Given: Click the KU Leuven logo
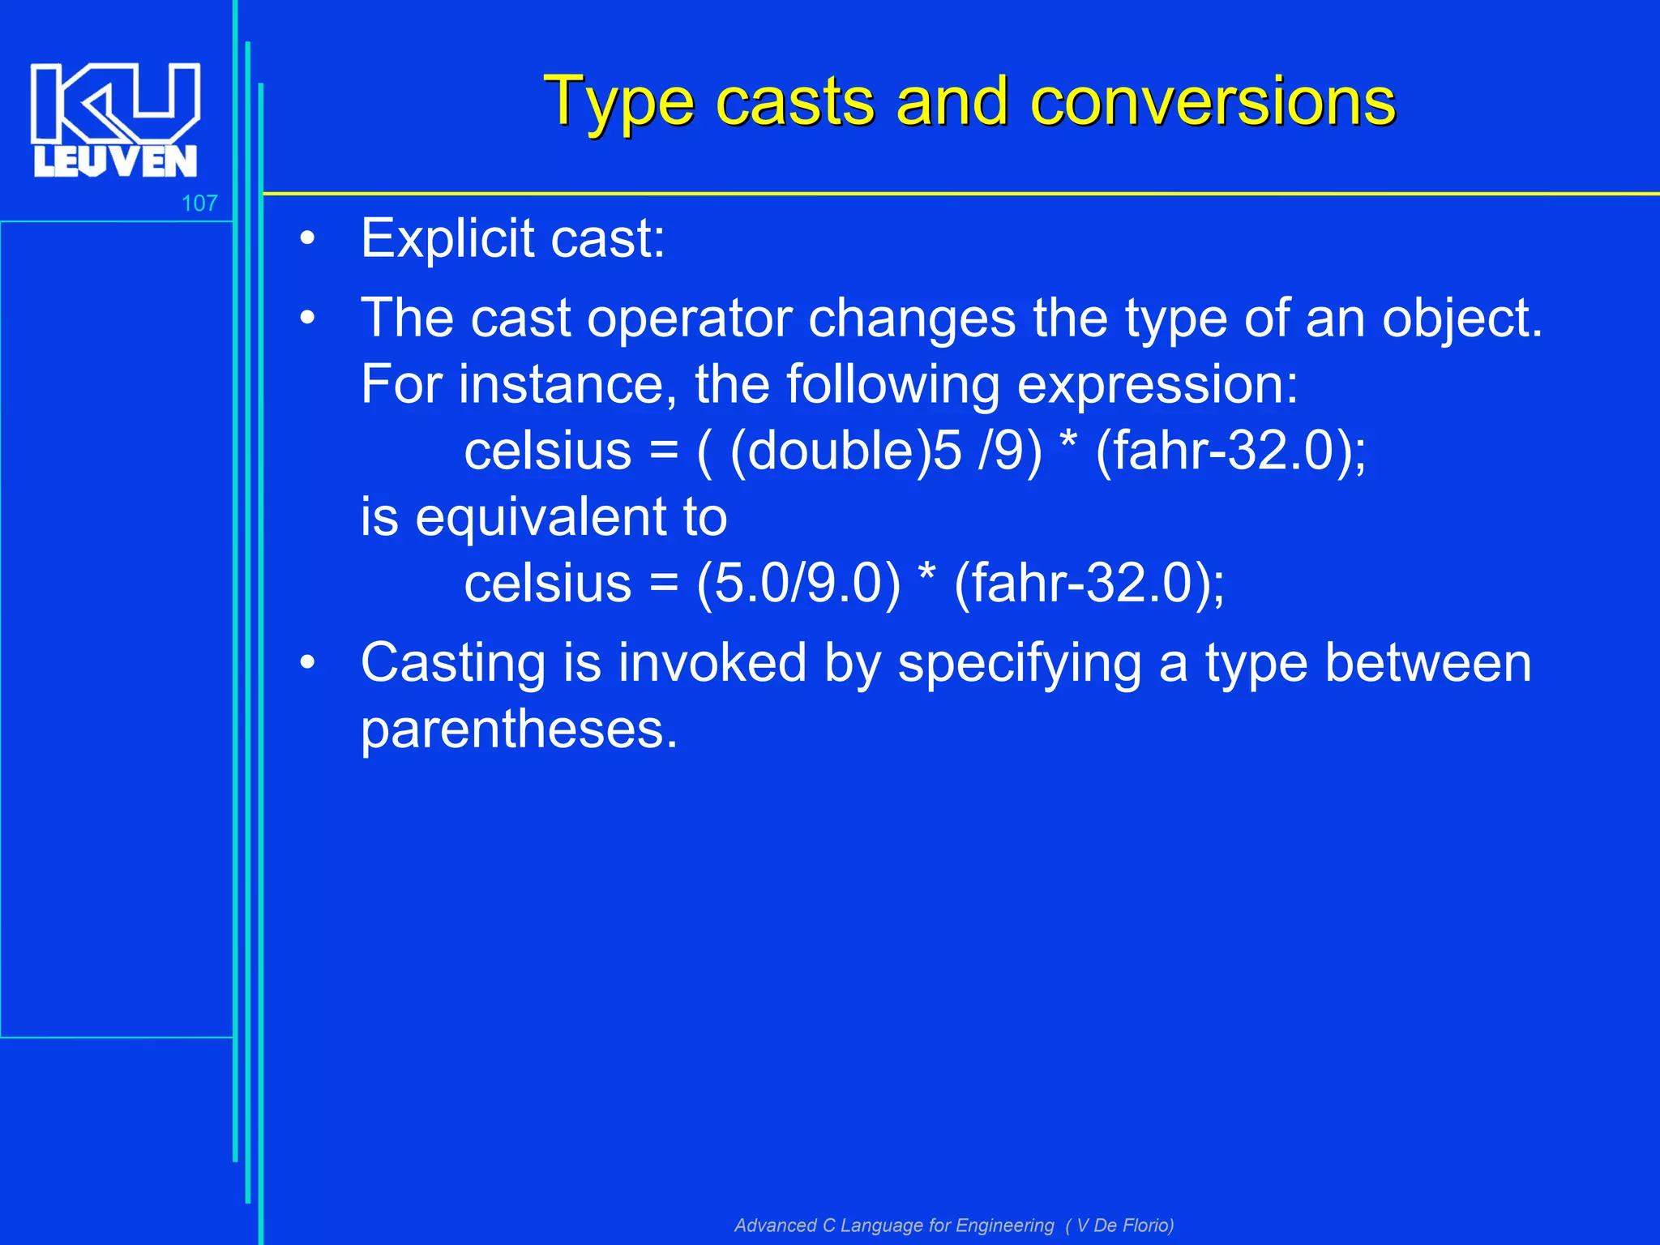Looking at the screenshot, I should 114,119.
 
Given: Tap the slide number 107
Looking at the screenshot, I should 199,203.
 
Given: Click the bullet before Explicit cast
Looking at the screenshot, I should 307,240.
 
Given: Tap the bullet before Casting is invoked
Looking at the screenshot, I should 307,664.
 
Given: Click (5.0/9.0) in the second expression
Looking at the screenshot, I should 798,584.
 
